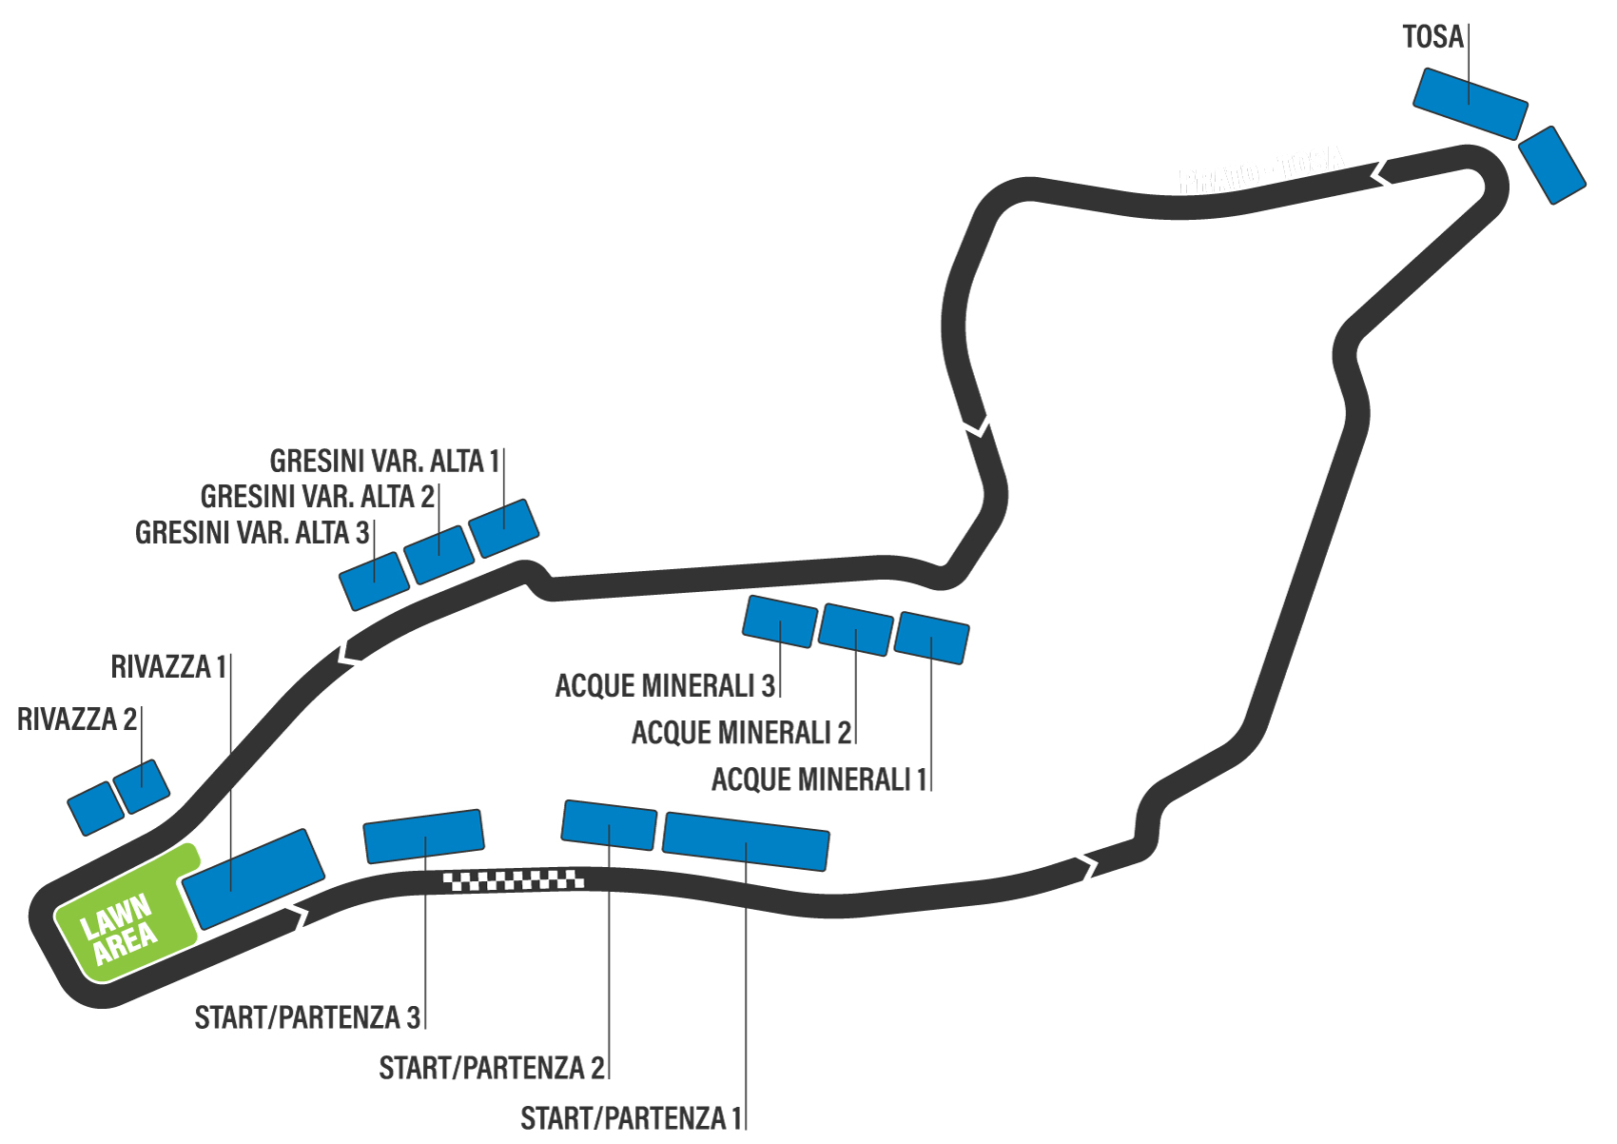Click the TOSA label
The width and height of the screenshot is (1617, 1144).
[1432, 37]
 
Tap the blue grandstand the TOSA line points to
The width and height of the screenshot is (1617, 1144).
[1470, 104]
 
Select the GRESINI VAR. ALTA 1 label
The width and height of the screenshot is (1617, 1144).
[384, 462]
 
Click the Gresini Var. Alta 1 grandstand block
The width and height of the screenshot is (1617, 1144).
[504, 527]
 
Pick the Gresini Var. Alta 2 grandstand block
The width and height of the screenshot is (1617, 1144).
[438, 554]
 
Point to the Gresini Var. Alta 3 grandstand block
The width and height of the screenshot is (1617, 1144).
[375, 581]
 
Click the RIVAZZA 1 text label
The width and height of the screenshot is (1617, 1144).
[168, 667]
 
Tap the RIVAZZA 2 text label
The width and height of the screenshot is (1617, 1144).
[77, 720]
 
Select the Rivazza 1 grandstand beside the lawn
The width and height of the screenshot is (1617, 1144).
[253, 878]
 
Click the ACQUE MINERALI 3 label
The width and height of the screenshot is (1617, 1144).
[665, 685]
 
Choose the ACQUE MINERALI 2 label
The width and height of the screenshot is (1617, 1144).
[741, 733]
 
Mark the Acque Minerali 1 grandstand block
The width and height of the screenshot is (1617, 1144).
[932, 638]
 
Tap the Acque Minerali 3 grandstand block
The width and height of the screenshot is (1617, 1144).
[779, 621]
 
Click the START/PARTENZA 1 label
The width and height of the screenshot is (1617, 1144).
[631, 1118]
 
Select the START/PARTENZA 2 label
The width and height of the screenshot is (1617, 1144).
[491, 1068]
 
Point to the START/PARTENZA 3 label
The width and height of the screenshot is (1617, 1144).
[307, 1017]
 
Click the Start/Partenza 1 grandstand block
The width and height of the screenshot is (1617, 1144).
[746, 840]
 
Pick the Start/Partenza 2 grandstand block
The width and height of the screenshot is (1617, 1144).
[609, 824]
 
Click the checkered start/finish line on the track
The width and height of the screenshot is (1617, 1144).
[514, 880]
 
